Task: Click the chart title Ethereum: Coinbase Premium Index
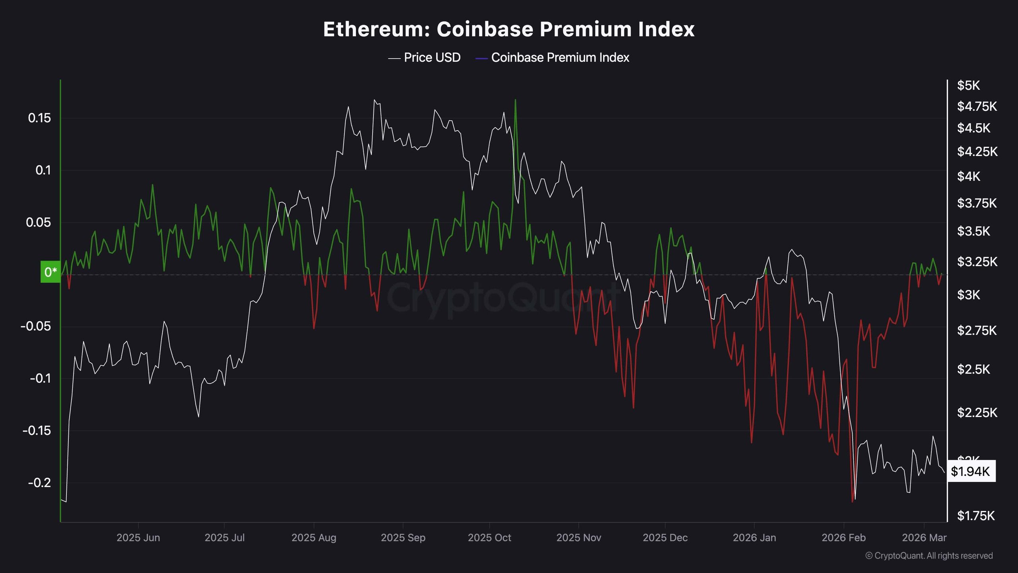click(x=509, y=29)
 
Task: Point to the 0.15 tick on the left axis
click(x=39, y=118)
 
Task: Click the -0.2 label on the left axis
click(x=39, y=483)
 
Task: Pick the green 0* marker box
click(x=51, y=272)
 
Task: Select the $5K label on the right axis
click(x=968, y=86)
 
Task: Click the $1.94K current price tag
click(x=971, y=472)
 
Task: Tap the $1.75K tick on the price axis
click(x=976, y=516)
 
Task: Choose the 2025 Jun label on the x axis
click(x=138, y=538)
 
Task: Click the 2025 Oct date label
click(x=489, y=538)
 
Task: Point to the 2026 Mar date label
click(x=924, y=538)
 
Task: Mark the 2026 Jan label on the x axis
click(x=754, y=538)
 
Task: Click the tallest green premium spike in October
click(x=515, y=100)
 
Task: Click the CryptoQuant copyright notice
click(x=929, y=556)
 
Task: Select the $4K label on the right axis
click(x=969, y=176)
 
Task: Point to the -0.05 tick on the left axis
click(x=36, y=326)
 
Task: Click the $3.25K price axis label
click(x=977, y=262)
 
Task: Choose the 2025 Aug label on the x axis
click(x=314, y=538)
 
